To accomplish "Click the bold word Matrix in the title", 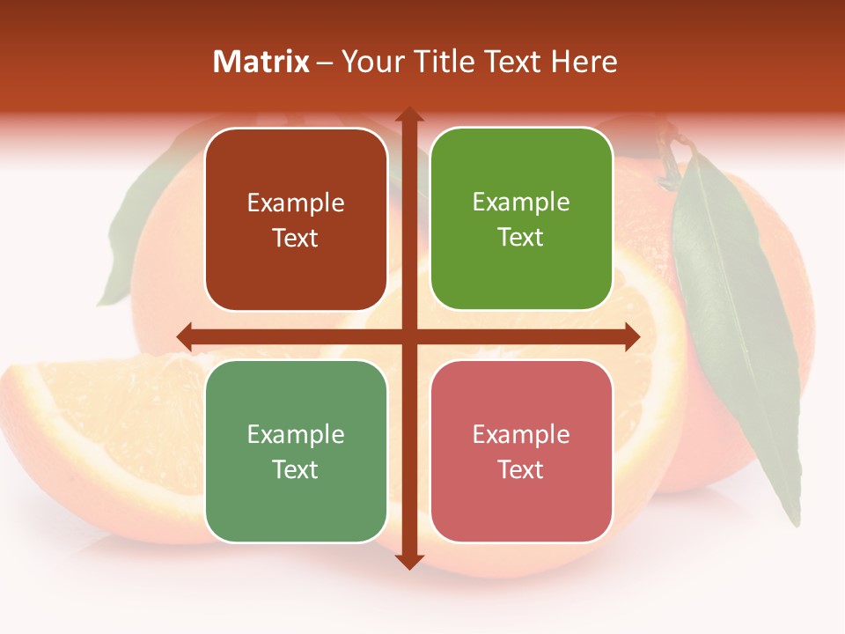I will (x=261, y=62).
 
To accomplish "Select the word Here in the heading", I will (x=584, y=62).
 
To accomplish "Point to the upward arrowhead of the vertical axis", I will (x=409, y=115).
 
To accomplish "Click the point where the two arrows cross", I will (x=409, y=336).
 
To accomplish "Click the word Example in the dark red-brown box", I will (x=296, y=203).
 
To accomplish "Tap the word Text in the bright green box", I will (x=521, y=238).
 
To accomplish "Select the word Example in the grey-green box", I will (x=296, y=434).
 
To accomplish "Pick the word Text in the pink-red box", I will (x=521, y=469).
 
